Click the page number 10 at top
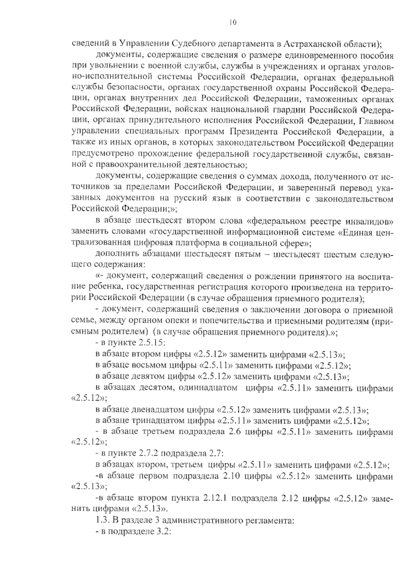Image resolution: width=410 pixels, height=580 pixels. pos(232,23)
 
